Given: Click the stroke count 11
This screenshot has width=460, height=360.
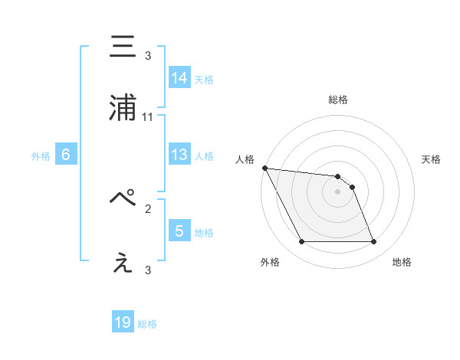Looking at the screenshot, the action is pyautogui.click(x=148, y=117).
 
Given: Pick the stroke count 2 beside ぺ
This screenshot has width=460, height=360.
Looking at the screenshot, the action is pyautogui.click(x=148, y=208).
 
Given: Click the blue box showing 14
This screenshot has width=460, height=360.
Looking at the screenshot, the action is pyautogui.click(x=179, y=78).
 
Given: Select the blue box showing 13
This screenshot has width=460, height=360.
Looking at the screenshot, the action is pyautogui.click(x=179, y=155).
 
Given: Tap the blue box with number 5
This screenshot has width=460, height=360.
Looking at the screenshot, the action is pyautogui.click(x=179, y=231).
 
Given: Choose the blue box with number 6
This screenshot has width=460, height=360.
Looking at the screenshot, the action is pyautogui.click(x=66, y=155).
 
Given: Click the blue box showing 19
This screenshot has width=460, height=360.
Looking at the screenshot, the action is pyautogui.click(x=123, y=322).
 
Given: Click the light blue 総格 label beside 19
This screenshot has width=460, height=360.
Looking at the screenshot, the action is pyautogui.click(x=148, y=324).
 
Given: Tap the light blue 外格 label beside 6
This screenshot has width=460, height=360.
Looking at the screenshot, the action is pyautogui.click(x=41, y=156).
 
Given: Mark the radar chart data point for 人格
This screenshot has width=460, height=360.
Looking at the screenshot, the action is pyautogui.click(x=265, y=168).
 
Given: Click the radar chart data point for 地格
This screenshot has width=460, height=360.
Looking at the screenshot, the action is pyautogui.click(x=373, y=242).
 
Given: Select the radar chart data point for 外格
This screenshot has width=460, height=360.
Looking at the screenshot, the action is pyautogui.click(x=301, y=242).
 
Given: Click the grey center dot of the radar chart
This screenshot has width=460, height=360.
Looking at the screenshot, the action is pyautogui.click(x=337, y=191).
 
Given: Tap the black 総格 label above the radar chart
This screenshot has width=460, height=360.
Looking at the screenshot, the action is pyautogui.click(x=337, y=100).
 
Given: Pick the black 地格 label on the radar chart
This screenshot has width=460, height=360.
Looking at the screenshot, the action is pyautogui.click(x=402, y=262).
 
